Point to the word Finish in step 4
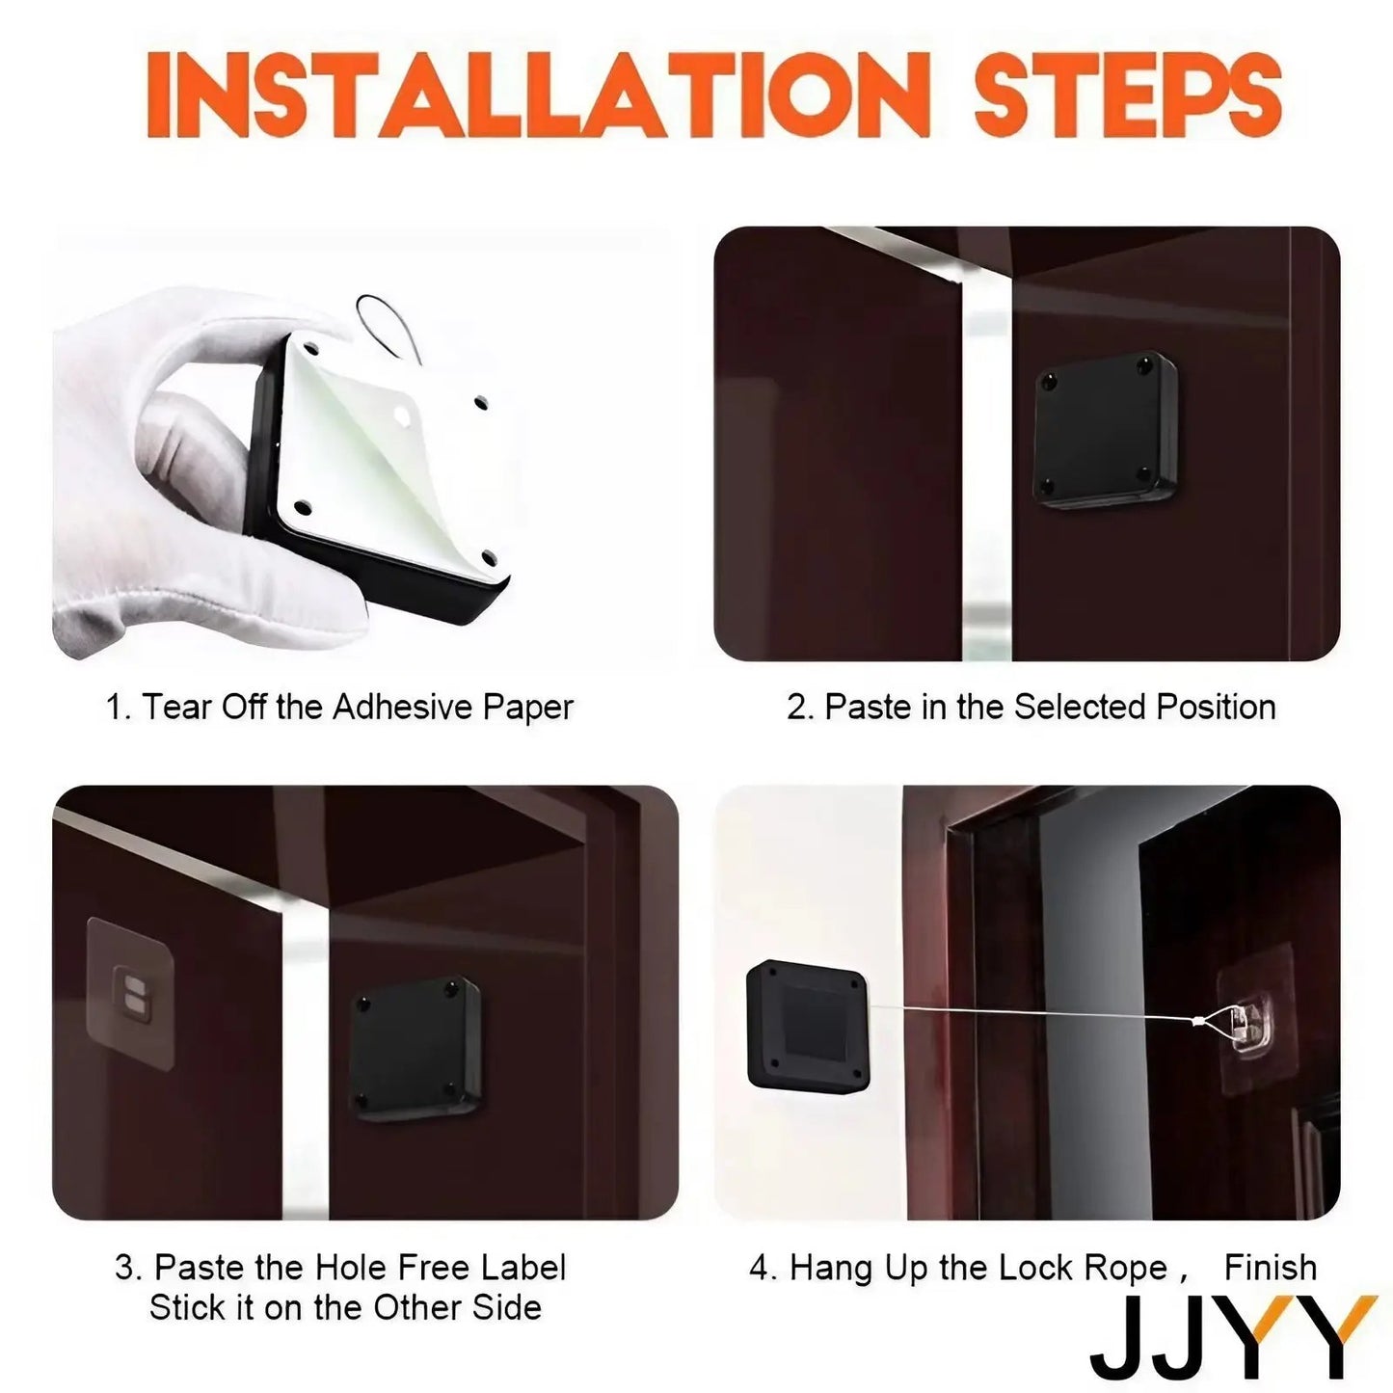(1270, 1268)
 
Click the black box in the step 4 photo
(808, 1025)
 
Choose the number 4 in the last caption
(761, 1269)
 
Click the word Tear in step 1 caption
(176, 708)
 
